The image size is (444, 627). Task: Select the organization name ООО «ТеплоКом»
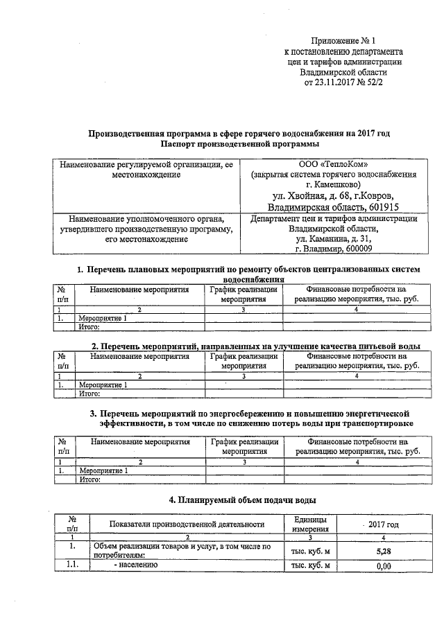pyautogui.click(x=334, y=164)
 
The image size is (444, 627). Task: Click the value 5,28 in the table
pyautogui.click(x=384, y=551)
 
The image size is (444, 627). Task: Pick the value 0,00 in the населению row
pyautogui.click(x=384, y=567)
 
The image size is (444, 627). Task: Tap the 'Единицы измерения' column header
pyautogui.click(x=311, y=525)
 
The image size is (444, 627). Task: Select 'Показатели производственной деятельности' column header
pyautogui.click(x=187, y=525)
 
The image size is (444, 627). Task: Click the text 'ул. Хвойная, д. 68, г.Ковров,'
pyautogui.click(x=334, y=195)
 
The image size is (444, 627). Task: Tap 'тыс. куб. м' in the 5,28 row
pyautogui.click(x=311, y=551)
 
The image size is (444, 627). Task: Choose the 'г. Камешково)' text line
pyautogui.click(x=334, y=184)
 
